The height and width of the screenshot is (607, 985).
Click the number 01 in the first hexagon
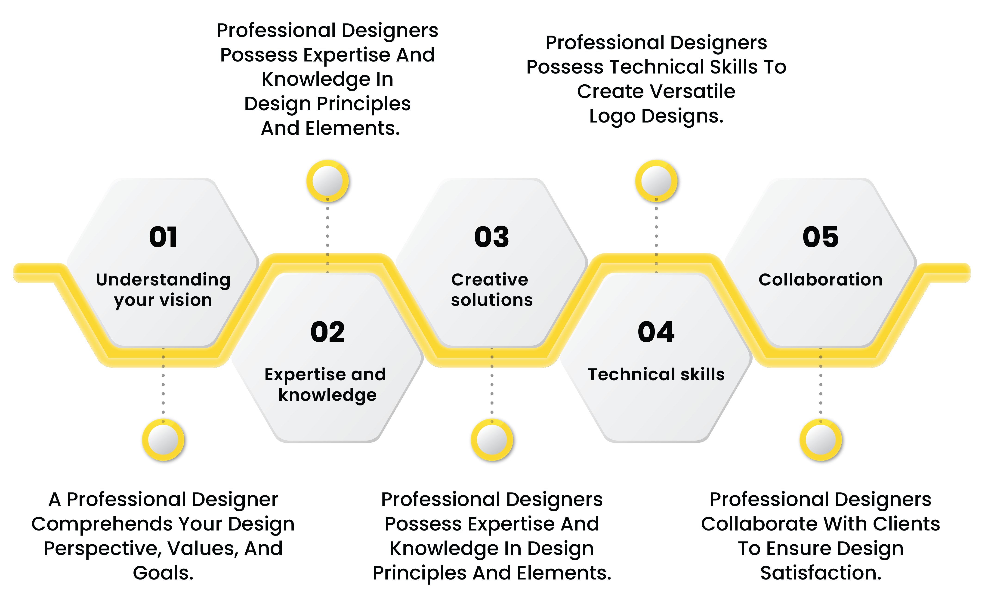coord(163,237)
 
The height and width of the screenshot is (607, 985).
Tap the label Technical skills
coord(656,374)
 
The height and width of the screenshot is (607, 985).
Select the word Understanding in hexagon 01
coord(163,280)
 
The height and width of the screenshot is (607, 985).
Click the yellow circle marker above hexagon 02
coord(328,181)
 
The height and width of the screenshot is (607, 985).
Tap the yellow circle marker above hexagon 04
coord(656,181)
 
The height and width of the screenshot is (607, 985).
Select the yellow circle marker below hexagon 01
coord(163,440)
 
